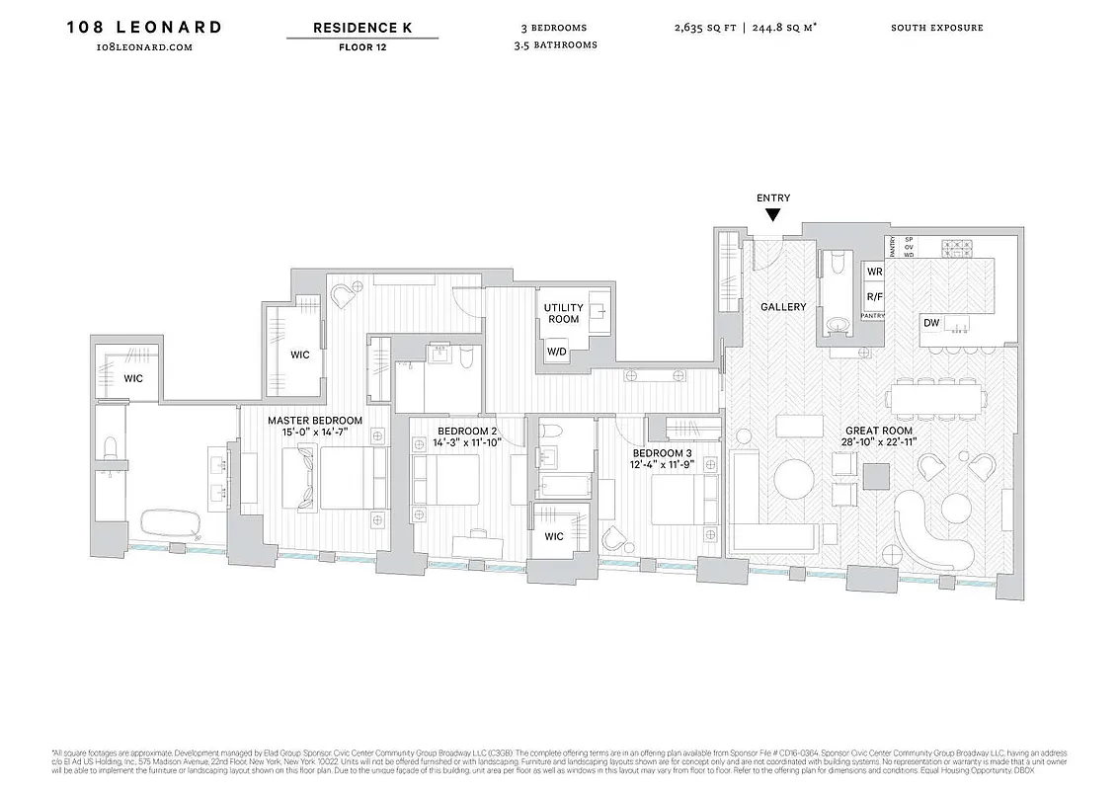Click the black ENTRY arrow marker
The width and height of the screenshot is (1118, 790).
[773, 214]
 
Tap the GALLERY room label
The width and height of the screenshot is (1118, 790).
[783, 307]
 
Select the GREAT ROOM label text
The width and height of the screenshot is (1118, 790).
[880, 431]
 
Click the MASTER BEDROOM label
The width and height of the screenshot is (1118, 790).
[315, 421]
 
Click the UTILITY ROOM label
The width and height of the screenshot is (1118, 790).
[563, 313]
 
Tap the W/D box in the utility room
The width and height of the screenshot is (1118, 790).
[556, 352]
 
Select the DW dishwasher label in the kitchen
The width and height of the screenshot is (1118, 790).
[931, 323]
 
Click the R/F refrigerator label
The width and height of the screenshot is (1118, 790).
[874, 296]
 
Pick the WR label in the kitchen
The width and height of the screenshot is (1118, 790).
[874, 272]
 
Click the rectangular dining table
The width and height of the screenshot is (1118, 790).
[936, 397]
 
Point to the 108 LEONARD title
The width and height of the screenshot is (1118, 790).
[144, 27]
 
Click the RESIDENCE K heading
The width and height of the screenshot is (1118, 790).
[362, 28]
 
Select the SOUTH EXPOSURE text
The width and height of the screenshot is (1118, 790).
[936, 28]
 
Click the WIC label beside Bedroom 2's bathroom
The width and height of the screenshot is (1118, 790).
[554, 537]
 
